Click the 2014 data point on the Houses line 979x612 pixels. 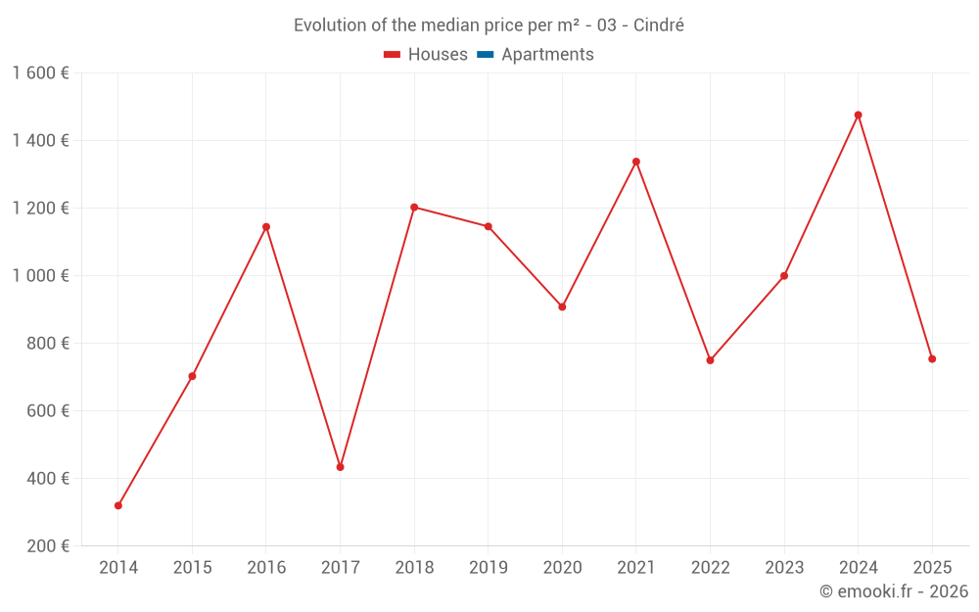(118, 505)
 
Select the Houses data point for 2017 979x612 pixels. (340, 467)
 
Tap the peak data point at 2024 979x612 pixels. (858, 115)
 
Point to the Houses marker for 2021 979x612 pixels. (636, 162)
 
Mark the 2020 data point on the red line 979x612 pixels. (562, 306)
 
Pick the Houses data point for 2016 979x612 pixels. (266, 227)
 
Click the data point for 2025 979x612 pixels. (932, 358)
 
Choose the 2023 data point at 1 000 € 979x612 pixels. (784, 276)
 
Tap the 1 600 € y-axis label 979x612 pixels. (40, 73)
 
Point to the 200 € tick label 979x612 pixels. (46, 546)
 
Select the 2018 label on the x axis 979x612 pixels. (414, 568)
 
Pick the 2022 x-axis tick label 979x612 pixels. (710, 568)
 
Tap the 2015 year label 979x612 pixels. (192, 568)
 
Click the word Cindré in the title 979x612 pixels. (658, 25)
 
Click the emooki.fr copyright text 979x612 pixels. (893, 591)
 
